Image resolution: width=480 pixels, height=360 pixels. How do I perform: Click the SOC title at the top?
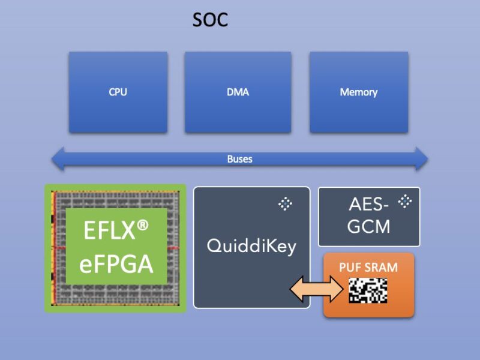(x=210, y=20)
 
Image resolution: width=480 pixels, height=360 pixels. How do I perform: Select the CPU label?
(x=118, y=92)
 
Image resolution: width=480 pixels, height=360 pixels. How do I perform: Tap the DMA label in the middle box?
(x=238, y=92)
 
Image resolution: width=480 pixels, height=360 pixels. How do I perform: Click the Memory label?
(x=358, y=92)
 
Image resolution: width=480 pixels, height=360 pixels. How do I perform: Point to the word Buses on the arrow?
(x=239, y=159)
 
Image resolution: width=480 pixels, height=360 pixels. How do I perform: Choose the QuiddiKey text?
(x=251, y=245)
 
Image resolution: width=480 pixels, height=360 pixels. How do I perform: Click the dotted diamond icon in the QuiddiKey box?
(x=285, y=204)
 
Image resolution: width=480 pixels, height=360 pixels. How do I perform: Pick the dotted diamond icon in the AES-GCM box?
(x=406, y=201)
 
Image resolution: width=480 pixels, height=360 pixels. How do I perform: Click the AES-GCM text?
(x=369, y=215)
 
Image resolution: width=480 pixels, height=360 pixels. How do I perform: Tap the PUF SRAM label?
(x=368, y=268)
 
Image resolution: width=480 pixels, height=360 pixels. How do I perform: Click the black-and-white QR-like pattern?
(x=368, y=290)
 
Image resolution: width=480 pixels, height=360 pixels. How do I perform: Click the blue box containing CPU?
(x=118, y=114)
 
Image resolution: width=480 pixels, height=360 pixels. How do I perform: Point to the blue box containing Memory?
(x=358, y=114)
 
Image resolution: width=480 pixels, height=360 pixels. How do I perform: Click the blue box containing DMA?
(x=238, y=114)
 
